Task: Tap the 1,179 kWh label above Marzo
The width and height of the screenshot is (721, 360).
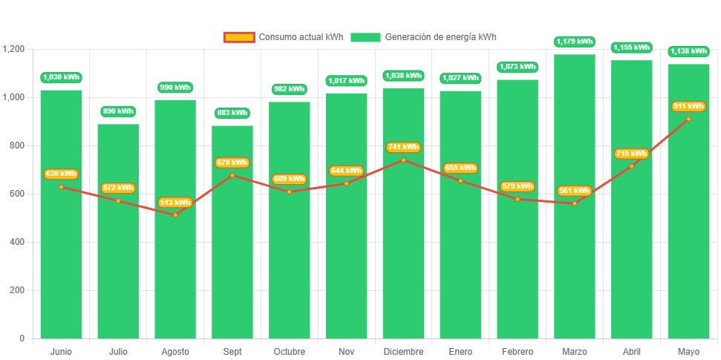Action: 575,42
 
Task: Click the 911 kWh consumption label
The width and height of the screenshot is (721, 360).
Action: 688,106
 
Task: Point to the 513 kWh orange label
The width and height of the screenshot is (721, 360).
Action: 175,203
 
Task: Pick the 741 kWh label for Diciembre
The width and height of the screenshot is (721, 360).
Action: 403,147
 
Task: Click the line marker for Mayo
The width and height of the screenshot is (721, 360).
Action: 688,119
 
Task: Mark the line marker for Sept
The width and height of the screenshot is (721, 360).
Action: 232,175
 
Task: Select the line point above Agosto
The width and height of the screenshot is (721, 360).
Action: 175,215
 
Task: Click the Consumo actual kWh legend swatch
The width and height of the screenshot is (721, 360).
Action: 239,37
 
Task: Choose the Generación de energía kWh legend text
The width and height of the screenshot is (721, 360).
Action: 440,37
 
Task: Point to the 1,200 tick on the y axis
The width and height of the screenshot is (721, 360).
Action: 14,49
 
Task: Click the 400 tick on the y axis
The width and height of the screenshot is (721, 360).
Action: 17,242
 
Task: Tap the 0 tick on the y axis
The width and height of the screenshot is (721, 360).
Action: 22,338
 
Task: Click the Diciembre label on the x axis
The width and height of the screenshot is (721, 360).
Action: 403,351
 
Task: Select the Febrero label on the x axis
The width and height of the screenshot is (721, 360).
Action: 518,351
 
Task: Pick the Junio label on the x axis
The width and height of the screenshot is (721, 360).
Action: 61,351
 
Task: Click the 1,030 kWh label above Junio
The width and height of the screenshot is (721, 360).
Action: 61,77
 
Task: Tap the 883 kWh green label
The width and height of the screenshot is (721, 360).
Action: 232,113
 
